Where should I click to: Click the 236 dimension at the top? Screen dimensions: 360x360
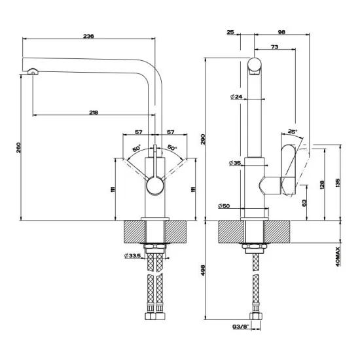[89, 36]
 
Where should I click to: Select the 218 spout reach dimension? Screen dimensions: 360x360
[93, 113]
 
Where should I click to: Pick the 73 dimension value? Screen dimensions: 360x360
[274, 47]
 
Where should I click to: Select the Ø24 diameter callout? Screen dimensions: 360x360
[236, 97]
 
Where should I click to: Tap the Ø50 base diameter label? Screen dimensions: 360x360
[225, 207]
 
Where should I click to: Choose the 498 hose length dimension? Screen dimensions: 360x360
[203, 270]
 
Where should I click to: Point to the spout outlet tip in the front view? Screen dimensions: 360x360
[31, 73]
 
